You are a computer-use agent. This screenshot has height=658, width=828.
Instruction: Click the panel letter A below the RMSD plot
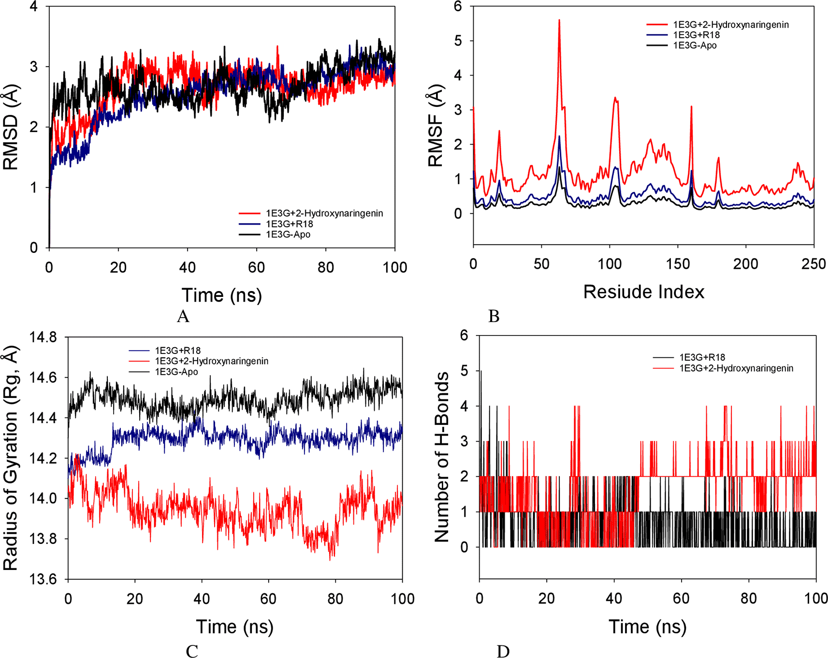click(183, 316)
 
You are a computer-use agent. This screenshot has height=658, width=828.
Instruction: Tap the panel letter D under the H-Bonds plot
click(503, 651)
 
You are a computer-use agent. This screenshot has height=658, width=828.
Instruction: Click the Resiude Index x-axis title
click(643, 292)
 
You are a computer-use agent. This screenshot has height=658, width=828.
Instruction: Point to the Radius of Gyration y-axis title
click(11, 458)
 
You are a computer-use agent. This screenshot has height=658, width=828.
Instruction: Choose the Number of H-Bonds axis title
click(442, 457)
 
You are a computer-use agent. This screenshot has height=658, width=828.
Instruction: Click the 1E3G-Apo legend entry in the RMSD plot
click(288, 234)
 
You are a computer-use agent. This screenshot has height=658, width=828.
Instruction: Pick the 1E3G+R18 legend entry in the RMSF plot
click(696, 35)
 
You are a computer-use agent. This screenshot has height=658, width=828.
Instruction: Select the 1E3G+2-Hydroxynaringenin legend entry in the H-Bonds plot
click(736, 368)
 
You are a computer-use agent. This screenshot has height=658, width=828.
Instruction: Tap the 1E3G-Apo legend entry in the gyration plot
click(176, 372)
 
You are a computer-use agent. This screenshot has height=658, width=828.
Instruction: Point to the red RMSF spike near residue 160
click(692, 107)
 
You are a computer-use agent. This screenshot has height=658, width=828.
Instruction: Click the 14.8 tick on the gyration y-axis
click(43, 337)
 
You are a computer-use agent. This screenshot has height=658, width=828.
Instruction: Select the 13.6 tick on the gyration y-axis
click(43, 579)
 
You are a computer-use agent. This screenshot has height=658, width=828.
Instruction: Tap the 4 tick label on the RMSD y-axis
click(33, 7)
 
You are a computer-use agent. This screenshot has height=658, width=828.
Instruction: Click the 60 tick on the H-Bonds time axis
click(681, 598)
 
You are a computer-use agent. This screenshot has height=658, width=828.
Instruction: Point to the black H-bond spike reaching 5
click(481, 372)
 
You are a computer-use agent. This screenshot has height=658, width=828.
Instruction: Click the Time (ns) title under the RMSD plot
click(221, 295)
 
